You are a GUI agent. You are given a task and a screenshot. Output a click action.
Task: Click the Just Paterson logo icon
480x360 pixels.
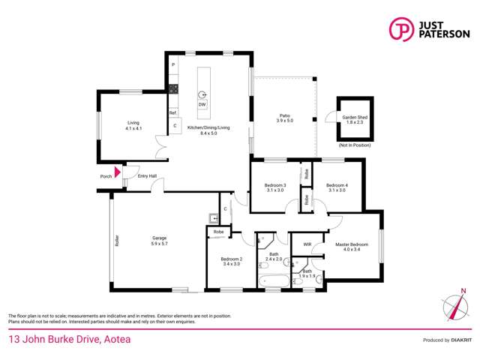401,28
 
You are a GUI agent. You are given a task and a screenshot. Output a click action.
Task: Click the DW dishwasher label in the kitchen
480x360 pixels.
202,105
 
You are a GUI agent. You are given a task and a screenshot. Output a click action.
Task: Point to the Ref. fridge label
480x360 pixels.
172,113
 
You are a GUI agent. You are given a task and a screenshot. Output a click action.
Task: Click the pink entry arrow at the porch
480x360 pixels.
116,172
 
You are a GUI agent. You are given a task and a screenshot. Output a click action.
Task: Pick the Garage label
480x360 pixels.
158,241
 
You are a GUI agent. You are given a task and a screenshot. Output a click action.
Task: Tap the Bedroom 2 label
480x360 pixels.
231,261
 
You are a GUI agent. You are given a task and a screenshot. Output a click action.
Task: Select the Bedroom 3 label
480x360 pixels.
274,187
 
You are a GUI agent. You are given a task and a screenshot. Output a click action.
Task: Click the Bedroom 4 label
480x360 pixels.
337,187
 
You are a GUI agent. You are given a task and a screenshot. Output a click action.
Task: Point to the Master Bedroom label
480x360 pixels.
351,246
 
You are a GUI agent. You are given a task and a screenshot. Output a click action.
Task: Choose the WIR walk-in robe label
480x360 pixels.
307,244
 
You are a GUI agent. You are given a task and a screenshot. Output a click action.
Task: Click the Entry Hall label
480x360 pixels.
147,176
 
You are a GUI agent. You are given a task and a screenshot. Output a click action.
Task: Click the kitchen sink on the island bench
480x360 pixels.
202,94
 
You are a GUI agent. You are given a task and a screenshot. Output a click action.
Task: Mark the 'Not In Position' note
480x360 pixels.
355,145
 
